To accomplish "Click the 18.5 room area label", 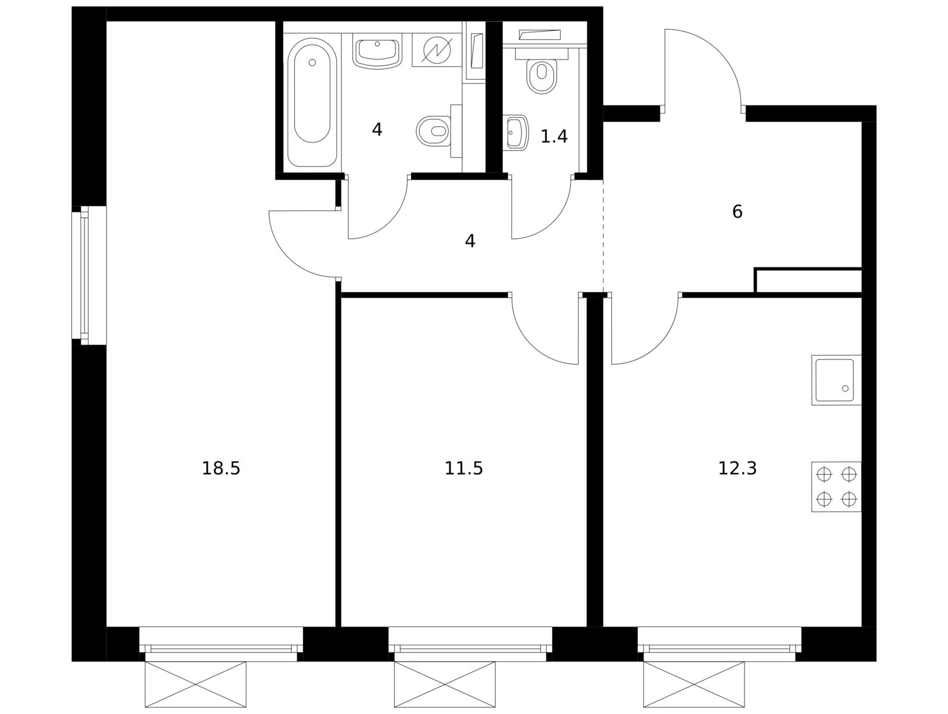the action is pyautogui.click(x=221, y=468).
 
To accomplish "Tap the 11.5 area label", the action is pyautogui.click(x=464, y=468).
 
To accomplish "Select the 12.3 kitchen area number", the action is pyautogui.click(x=737, y=468).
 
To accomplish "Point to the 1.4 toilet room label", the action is pyautogui.click(x=553, y=136).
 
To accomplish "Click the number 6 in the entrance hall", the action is pyautogui.click(x=737, y=212).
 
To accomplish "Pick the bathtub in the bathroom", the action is pyautogui.click(x=312, y=102).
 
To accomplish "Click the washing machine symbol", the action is pyautogui.click(x=437, y=49).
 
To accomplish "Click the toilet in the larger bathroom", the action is pyautogui.click(x=439, y=131).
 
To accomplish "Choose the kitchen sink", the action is pyautogui.click(x=836, y=380).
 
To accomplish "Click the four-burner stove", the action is pyautogui.click(x=836, y=487).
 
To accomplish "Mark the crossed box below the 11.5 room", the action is pyautogui.click(x=445, y=684).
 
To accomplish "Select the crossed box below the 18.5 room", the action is pyautogui.click(x=195, y=684).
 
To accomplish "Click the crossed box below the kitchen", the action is pyautogui.click(x=694, y=684).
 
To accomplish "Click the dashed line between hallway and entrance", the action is pyautogui.click(x=603, y=236).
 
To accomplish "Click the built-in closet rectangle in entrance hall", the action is pyautogui.click(x=808, y=281).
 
